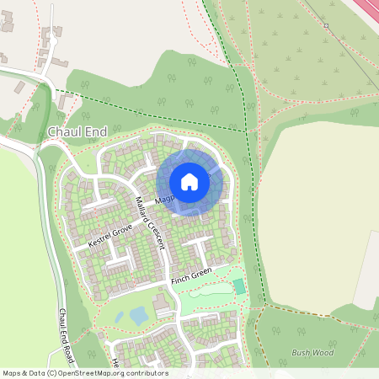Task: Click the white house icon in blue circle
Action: tap(189, 181)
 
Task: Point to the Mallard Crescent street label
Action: tap(149, 222)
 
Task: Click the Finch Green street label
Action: tap(190, 276)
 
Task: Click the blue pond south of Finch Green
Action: tap(137, 316)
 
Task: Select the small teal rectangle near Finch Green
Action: tap(239, 286)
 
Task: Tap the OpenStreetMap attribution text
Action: tap(84, 373)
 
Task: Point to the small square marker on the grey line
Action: tap(325, 26)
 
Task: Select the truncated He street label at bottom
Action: tap(115, 363)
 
